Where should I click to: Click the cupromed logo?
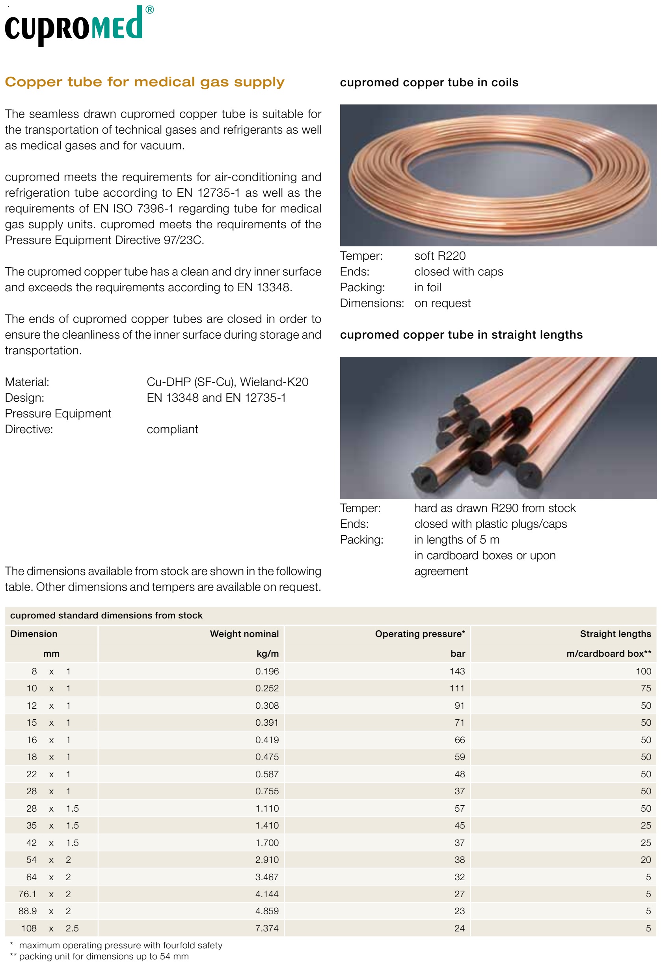[x=78, y=25]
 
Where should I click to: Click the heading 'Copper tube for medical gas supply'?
[x=145, y=82]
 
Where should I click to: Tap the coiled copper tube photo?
[x=498, y=175]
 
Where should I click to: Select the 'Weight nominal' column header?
[x=244, y=634]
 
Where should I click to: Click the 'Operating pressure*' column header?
[x=419, y=634]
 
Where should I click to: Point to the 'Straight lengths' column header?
[x=615, y=634]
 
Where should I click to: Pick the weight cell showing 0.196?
[x=267, y=671]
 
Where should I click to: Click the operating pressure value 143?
[x=457, y=671]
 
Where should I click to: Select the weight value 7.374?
[x=267, y=928]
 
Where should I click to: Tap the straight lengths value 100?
[x=643, y=671]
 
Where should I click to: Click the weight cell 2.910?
[x=267, y=860]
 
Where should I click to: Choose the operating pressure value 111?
[x=457, y=688]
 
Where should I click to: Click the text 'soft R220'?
[x=440, y=256]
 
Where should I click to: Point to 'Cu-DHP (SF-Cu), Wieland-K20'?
[x=227, y=382]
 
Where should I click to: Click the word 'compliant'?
[x=172, y=429]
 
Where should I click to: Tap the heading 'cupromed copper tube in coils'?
[x=429, y=82]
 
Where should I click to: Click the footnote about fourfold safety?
[x=120, y=946]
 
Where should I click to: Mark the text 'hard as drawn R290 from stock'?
[x=495, y=508]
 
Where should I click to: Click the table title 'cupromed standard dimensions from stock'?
[x=106, y=615]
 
